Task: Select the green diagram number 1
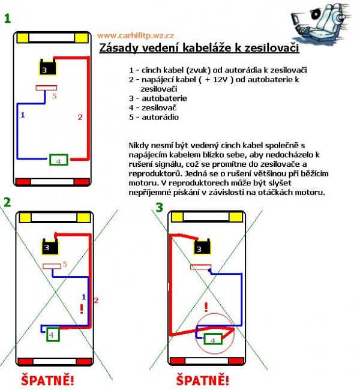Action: [7, 19]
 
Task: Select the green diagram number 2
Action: [7, 202]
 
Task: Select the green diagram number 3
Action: [159, 208]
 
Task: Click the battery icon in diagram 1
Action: [45, 68]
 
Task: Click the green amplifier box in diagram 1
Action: [58, 160]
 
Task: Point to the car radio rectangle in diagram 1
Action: [44, 88]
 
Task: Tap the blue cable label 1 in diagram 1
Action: [23, 114]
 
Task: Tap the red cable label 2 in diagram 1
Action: [80, 118]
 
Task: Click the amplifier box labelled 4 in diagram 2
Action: [53, 334]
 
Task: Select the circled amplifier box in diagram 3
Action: [211, 339]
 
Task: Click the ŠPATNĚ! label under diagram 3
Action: [203, 380]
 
